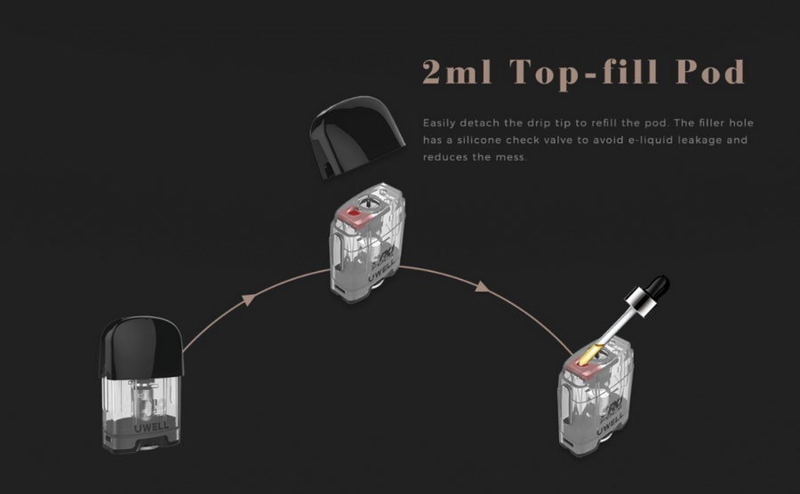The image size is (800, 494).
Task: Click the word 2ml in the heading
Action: (x=457, y=72)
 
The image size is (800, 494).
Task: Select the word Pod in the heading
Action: (x=711, y=72)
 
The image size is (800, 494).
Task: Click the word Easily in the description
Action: (x=438, y=123)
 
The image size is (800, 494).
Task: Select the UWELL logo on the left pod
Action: (x=151, y=426)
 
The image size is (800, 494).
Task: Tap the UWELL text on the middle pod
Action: (x=381, y=270)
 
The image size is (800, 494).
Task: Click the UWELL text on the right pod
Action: (x=610, y=424)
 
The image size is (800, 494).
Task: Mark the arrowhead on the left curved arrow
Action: (x=248, y=299)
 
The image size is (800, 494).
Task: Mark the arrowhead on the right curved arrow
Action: (x=483, y=287)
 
